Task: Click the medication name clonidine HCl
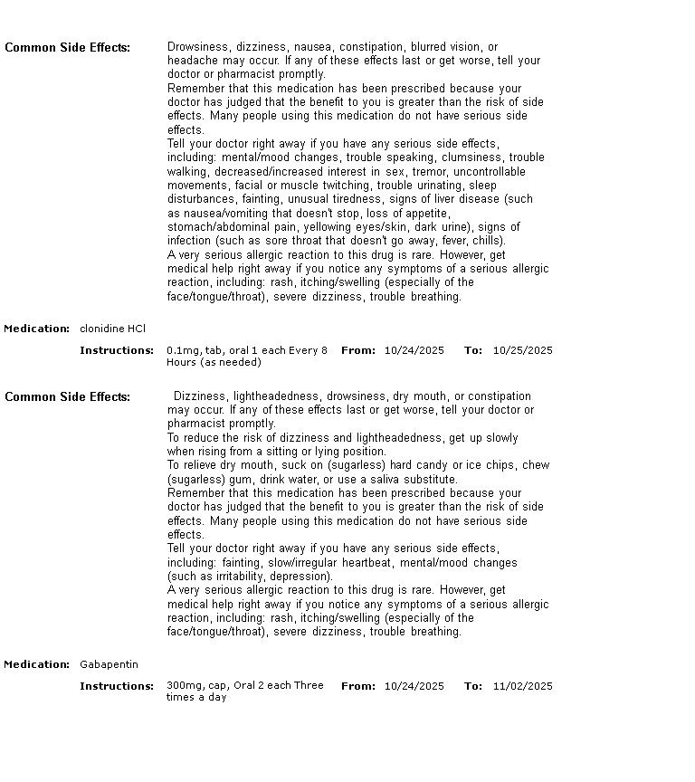pyautogui.click(x=112, y=329)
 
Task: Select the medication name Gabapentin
pyautogui.click(x=109, y=664)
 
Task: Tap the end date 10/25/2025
pyautogui.click(x=522, y=350)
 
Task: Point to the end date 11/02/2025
pyautogui.click(x=522, y=686)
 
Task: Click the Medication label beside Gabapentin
pyautogui.click(x=36, y=664)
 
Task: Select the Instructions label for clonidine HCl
pyautogui.click(x=117, y=350)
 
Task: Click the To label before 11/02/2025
pyautogui.click(x=472, y=686)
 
